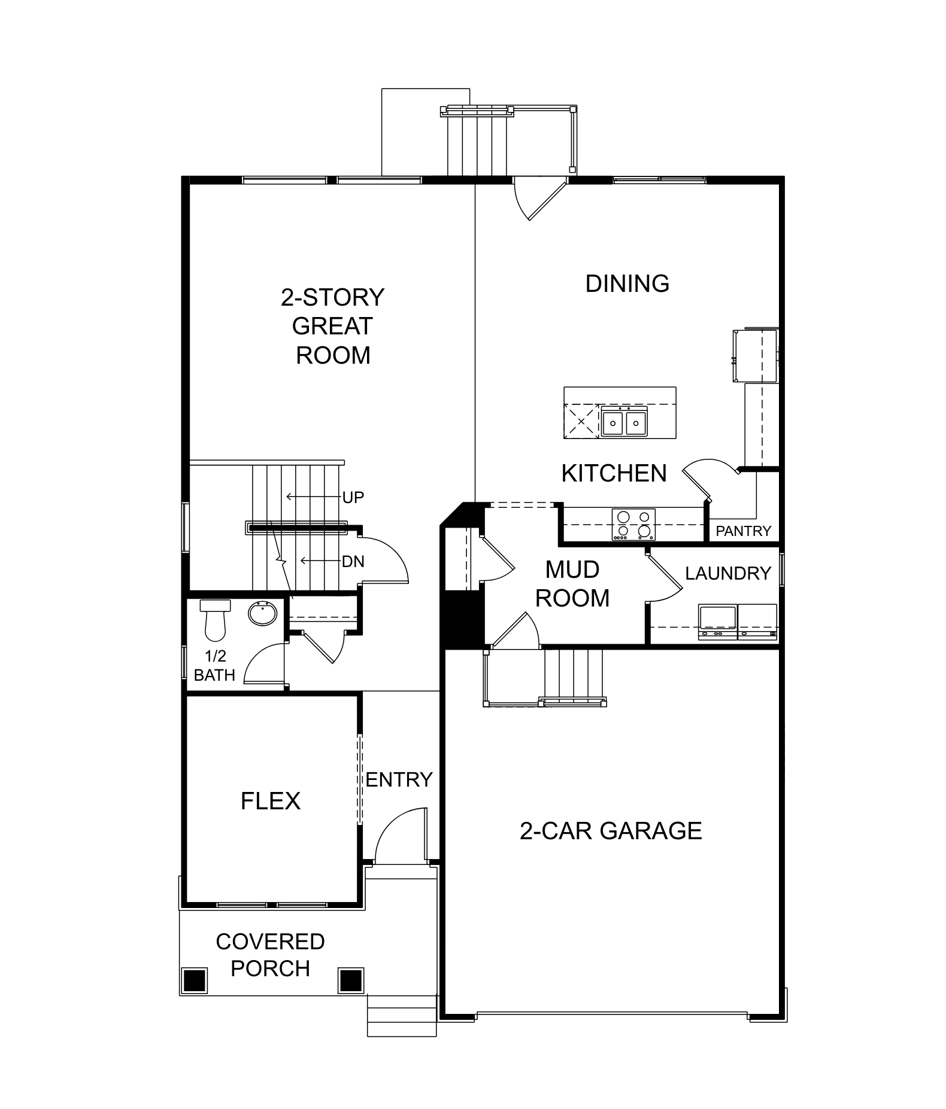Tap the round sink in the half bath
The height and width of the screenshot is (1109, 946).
coord(262,613)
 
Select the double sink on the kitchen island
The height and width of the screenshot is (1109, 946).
coord(624,422)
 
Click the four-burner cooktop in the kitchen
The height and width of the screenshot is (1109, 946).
coord(633,525)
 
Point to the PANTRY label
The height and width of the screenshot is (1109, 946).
coord(743,531)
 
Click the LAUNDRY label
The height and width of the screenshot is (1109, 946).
coord(727,573)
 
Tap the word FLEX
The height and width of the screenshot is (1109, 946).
coord(270,801)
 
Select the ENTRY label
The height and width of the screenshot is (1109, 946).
coord(399,779)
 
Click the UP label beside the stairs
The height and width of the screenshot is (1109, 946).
coord(353,497)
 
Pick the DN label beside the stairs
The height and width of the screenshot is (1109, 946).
coord(353,561)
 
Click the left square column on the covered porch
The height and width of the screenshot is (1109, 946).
coord(194,980)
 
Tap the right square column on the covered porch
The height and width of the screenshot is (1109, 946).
coord(351,980)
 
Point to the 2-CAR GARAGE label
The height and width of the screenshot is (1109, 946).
coord(610,831)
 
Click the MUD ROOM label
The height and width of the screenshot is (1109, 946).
coord(572,584)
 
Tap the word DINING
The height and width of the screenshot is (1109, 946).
coord(627,284)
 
